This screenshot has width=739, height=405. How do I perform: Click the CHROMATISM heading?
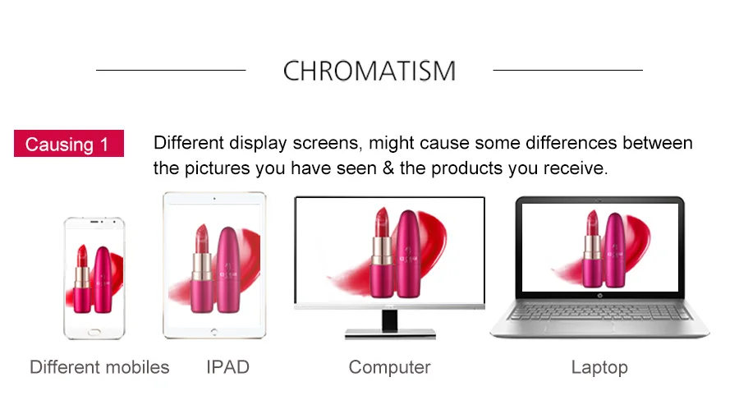pos(369,71)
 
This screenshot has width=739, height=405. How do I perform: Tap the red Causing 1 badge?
pos(69,143)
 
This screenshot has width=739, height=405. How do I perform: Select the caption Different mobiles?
pos(99,367)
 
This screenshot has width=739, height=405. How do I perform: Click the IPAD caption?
pos(227,367)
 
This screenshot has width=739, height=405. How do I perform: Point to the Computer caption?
pos(389,367)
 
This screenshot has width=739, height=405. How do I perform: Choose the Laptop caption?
pos(599,367)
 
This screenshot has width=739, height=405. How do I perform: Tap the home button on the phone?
pos(94,332)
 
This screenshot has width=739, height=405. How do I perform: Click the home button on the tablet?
pos(214,332)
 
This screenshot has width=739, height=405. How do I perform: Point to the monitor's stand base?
pos(390,334)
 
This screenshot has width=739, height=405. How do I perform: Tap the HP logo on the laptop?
pos(599,296)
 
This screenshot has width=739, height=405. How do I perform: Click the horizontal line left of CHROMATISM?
pos(171,71)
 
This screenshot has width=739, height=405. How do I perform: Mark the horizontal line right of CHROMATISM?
pos(568,71)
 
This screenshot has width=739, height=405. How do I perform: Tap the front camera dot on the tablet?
pos(214,199)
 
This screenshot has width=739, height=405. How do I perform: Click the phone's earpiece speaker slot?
pos(94,222)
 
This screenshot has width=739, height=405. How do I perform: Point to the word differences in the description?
pos(571,142)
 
